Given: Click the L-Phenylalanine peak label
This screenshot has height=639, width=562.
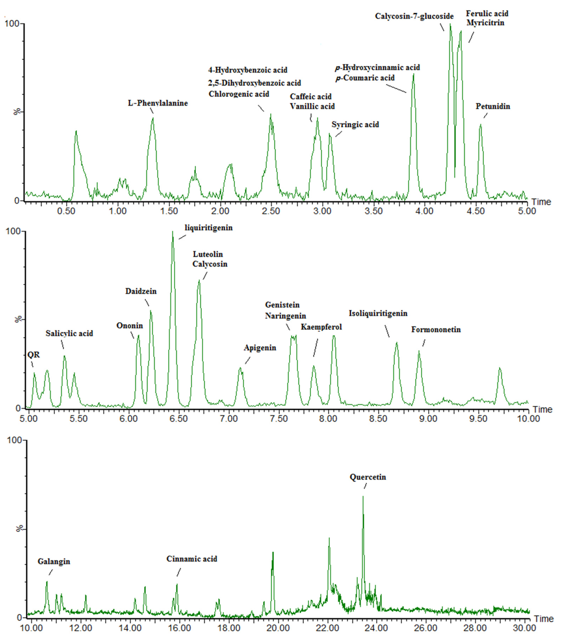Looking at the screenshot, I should (158, 103).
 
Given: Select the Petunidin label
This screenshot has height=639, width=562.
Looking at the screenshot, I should (493, 106).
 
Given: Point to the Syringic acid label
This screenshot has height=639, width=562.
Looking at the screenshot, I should (355, 124).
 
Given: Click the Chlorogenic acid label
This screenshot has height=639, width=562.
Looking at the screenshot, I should (239, 94).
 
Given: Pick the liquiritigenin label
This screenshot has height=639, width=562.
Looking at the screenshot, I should (209, 228).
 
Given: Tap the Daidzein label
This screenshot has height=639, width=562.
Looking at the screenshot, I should (141, 291).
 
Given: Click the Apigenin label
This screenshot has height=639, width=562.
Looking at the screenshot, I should (260, 348).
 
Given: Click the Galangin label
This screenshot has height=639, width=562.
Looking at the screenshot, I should (54, 562).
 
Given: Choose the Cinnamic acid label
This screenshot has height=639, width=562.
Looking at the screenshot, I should (192, 559).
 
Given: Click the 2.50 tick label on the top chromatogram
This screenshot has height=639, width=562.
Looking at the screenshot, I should (271, 211).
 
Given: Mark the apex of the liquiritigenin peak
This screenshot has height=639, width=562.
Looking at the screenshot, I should (172, 232).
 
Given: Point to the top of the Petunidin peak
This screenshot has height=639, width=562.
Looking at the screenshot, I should (481, 124).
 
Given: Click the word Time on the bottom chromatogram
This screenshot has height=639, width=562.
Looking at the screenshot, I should (543, 619).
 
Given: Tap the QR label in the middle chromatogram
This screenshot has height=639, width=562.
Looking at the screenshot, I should (34, 355).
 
